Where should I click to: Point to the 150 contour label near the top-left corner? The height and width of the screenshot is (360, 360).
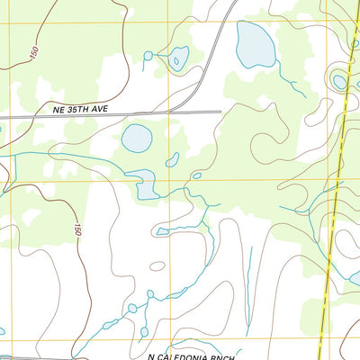click(33, 55)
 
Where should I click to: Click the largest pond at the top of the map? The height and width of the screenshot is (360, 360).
click(255, 43)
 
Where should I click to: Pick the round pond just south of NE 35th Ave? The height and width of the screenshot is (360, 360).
click(137, 138)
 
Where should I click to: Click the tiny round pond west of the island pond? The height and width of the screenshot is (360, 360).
click(148, 56)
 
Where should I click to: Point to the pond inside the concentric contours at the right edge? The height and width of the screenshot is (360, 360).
click(339, 82)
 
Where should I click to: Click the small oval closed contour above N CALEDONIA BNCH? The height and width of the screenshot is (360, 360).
click(157, 266)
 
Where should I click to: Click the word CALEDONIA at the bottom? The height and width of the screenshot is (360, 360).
click(192, 356)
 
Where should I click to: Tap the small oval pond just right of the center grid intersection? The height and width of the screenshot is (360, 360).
click(196, 175)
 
